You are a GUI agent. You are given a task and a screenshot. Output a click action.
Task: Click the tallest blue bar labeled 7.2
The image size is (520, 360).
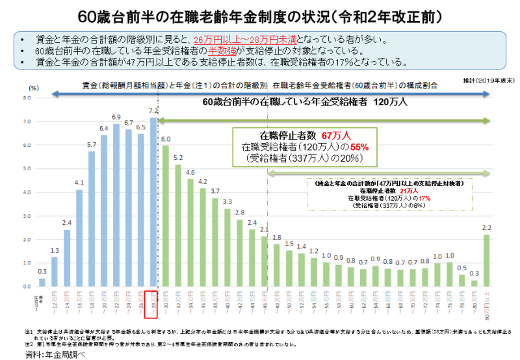tap(153, 201)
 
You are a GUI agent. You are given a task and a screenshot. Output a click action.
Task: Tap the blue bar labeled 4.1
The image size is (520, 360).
tap(79, 238)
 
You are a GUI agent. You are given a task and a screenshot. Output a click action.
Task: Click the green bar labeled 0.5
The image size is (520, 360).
tap(461, 280)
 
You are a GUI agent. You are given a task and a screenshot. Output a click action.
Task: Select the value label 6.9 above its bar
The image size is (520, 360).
tap(116, 117)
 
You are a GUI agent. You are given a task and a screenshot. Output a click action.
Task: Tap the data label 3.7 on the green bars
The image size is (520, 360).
tap(215, 191)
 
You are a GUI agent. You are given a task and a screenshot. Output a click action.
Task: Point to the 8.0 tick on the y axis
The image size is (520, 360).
tap(27, 98)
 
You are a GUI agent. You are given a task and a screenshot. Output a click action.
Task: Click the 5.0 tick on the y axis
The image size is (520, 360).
tap(27, 169)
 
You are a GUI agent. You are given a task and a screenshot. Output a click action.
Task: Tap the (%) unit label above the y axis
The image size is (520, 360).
tap(34, 87)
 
